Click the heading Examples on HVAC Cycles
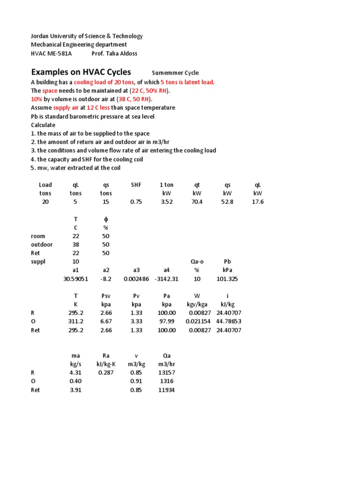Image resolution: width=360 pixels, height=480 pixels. [81, 72]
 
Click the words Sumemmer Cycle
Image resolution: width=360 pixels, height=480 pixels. [175, 73]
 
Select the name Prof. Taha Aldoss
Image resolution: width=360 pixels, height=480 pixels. [114, 53]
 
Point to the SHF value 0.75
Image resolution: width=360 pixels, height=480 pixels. [136, 202]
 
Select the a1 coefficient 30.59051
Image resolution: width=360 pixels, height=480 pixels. [75, 279]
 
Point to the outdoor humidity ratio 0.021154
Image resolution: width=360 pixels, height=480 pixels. [197, 322]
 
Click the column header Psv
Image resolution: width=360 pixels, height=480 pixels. [105, 296]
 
